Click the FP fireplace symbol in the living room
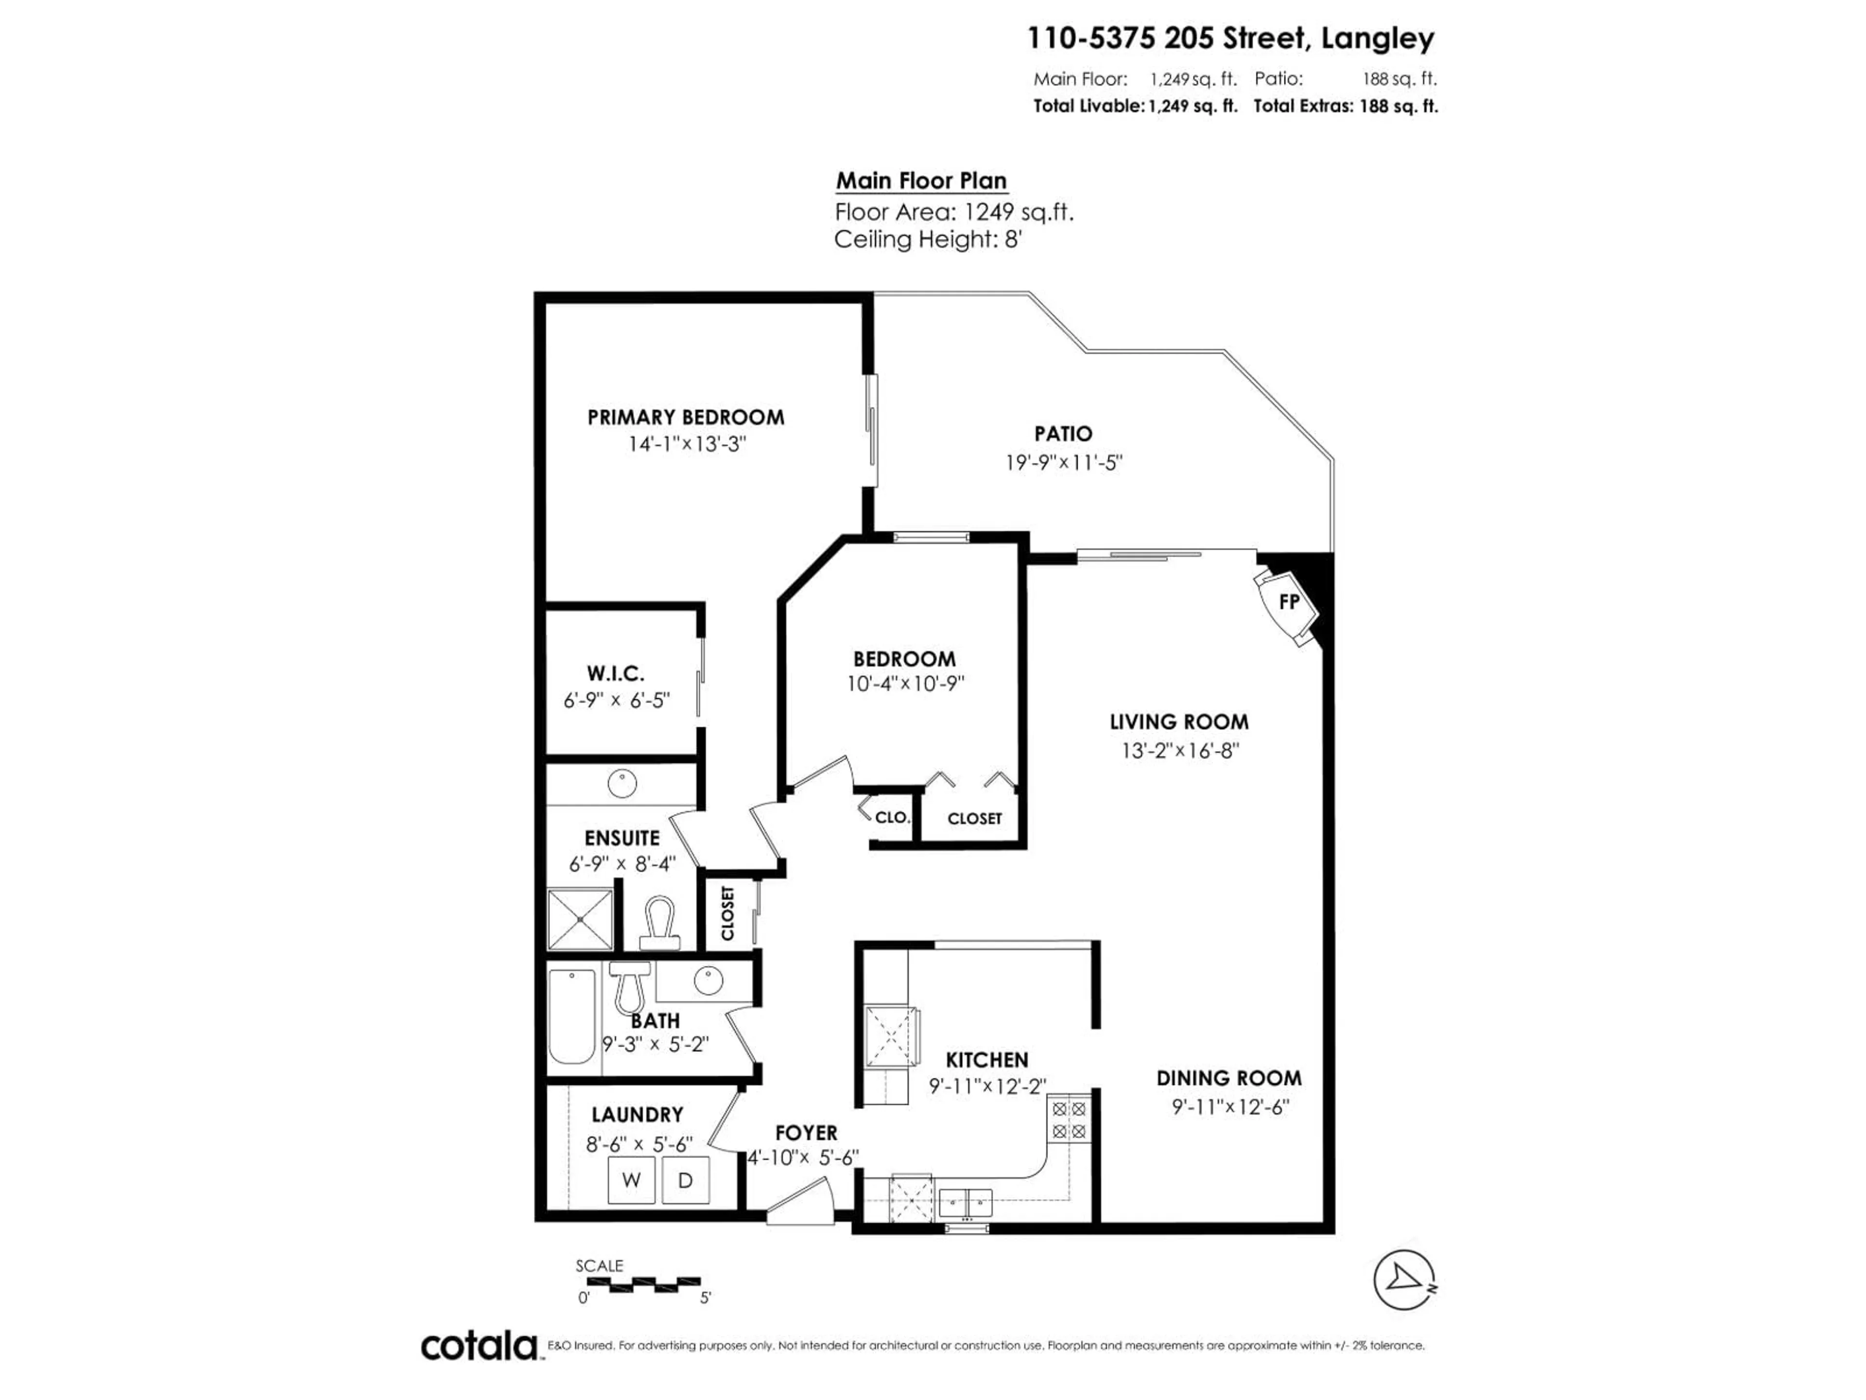[x=1287, y=602]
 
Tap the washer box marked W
[x=631, y=1180]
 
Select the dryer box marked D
[x=685, y=1180]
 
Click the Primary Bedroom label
[x=685, y=417]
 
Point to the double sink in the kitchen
[x=966, y=1202]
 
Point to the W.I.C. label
[x=615, y=673]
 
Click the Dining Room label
[x=1228, y=1078]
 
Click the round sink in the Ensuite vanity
[x=622, y=783]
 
